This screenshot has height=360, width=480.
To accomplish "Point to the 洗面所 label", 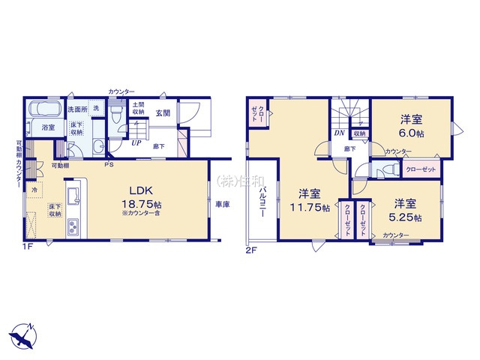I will point(78,109).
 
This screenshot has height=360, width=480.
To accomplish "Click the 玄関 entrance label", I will point(163,113).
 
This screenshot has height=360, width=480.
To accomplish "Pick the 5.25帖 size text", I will point(406,217).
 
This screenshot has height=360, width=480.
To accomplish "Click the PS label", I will point(109,165).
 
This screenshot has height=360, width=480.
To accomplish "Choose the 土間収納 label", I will point(139,109).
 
